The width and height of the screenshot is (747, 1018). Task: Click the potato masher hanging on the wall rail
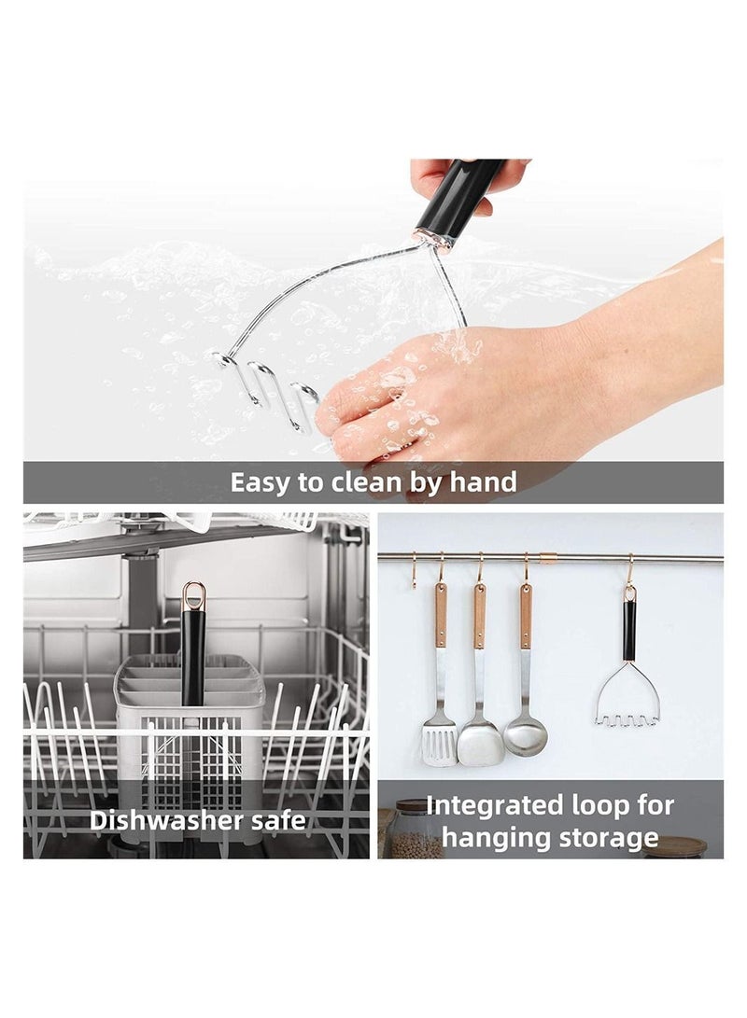[627, 700]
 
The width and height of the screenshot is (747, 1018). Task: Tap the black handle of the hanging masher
[629, 631]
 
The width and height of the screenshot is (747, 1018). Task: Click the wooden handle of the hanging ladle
[526, 616]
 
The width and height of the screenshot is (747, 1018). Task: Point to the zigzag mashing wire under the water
[271, 392]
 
